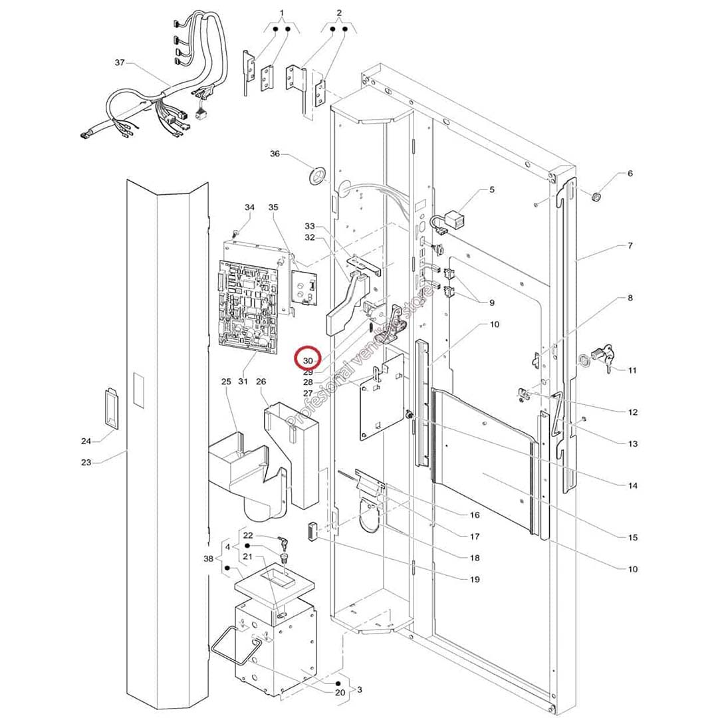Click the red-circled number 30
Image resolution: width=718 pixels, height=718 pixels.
coord(308,360)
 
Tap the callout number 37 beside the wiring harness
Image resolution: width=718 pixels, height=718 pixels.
coord(120,62)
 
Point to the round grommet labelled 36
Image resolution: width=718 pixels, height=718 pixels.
coord(316,176)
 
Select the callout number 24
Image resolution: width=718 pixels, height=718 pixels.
coord(86,441)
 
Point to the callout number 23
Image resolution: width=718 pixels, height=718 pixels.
coord(86,462)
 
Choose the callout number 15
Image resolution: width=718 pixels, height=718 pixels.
coord(632,537)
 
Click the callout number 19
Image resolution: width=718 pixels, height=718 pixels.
coord(474,580)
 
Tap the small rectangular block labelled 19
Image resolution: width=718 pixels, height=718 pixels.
coord(310,533)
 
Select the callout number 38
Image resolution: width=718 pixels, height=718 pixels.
coord(208,558)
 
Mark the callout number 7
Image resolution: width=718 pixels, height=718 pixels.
coord(630,246)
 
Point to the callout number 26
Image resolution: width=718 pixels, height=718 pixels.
coord(261,382)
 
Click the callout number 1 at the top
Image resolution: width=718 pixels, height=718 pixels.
coord(281,13)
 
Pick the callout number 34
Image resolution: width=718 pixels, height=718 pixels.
coord(249,207)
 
